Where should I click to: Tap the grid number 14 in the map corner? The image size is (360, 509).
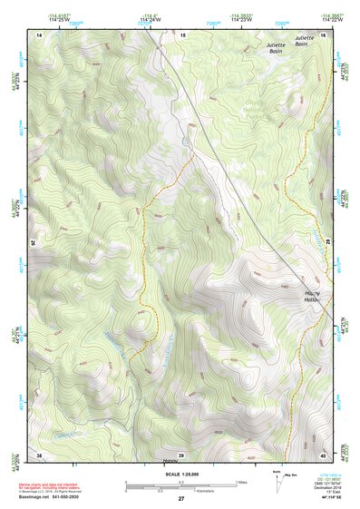[x=40, y=34]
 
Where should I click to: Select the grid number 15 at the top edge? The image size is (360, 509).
[x=181, y=34]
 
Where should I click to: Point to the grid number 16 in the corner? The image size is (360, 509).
[x=322, y=34]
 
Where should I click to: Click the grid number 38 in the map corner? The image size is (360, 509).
[x=40, y=455]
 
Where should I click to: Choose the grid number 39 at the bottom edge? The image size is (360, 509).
[x=181, y=455]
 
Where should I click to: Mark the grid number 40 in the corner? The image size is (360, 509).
[x=322, y=455]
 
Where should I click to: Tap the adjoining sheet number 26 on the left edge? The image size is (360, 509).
[x=36, y=243]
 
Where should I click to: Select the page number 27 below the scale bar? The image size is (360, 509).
[x=181, y=499]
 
